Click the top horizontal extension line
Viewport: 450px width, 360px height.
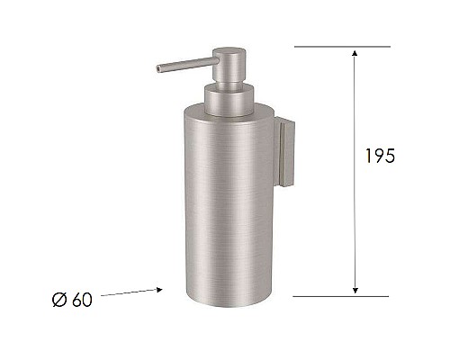pyautogui.click(x=342, y=46)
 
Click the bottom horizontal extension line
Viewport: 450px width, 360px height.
pyautogui.click(x=342, y=295)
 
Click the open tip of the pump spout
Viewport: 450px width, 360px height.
pyautogui.click(x=157, y=67)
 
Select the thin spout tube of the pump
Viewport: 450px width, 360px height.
pyautogui.click(x=184, y=63)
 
